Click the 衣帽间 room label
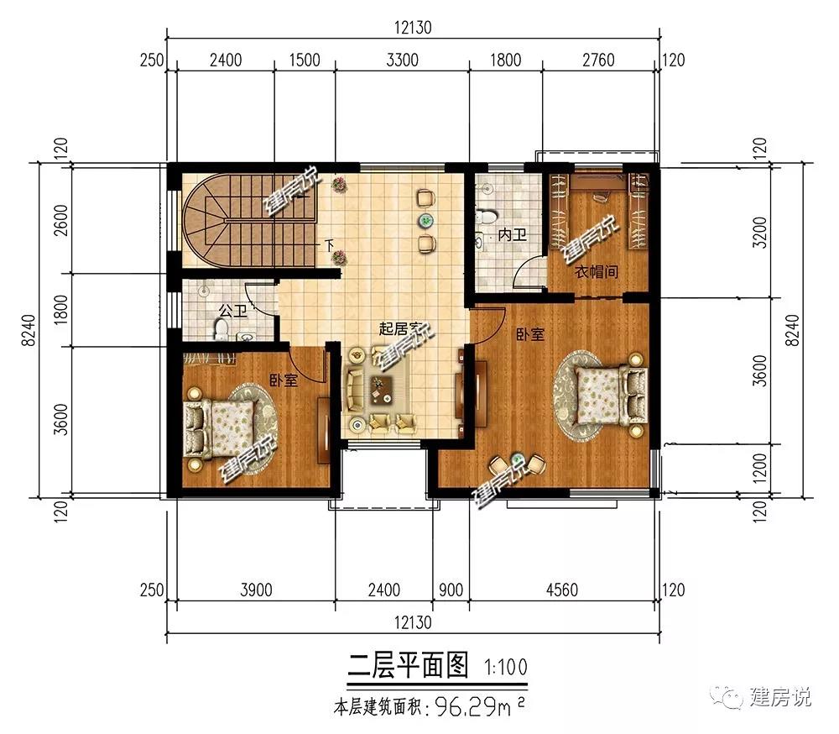pos(596,271)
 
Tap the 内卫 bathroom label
pos(512,234)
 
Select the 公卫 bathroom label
pos(233,311)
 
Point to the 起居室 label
pos(400,328)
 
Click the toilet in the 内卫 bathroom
pos(487,216)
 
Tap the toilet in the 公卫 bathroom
pos(220,328)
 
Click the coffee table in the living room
pos(382,390)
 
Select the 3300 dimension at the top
pos(402,60)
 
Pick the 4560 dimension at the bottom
pos(562,590)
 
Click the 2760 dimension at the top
pos(598,60)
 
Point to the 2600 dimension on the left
pos(61,220)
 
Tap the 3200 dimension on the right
pos(759,233)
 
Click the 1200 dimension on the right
pos(759,469)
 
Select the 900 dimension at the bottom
pos(451,590)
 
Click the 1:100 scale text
pos(506,667)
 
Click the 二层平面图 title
pos(408,665)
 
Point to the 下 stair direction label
pos(330,246)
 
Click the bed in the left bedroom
pos(220,427)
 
